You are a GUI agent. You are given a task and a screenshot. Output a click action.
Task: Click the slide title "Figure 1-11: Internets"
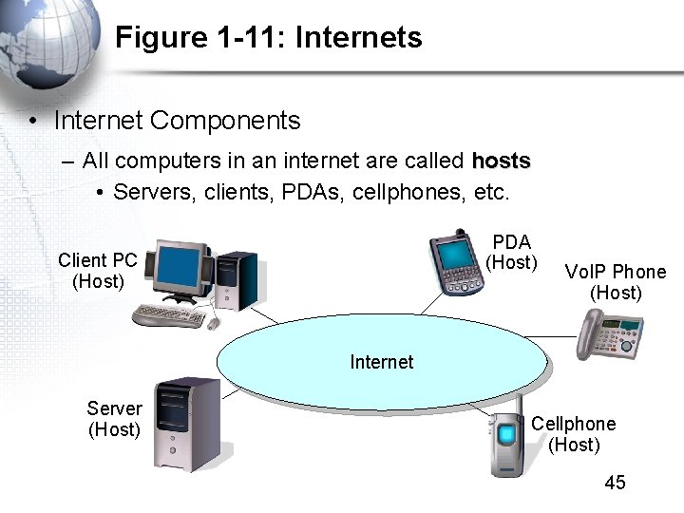click(x=268, y=38)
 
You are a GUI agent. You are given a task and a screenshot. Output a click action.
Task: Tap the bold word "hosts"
click(x=501, y=160)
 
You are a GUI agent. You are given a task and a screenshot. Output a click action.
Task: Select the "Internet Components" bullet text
click(x=177, y=121)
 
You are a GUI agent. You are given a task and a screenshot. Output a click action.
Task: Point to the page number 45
click(x=615, y=483)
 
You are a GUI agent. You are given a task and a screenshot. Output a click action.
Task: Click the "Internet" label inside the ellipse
click(x=381, y=362)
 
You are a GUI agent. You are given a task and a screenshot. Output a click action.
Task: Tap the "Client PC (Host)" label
click(x=98, y=271)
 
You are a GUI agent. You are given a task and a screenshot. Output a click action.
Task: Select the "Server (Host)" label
click(x=114, y=419)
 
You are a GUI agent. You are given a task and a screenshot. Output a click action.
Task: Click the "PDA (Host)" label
click(x=511, y=253)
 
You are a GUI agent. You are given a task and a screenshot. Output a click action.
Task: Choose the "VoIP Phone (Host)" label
click(x=615, y=282)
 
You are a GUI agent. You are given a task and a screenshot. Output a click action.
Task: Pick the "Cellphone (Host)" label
click(x=573, y=434)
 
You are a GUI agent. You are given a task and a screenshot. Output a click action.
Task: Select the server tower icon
click(x=187, y=423)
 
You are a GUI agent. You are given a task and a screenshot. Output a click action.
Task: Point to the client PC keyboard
click(x=169, y=315)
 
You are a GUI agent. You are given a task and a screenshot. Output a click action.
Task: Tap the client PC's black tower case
click(x=236, y=280)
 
